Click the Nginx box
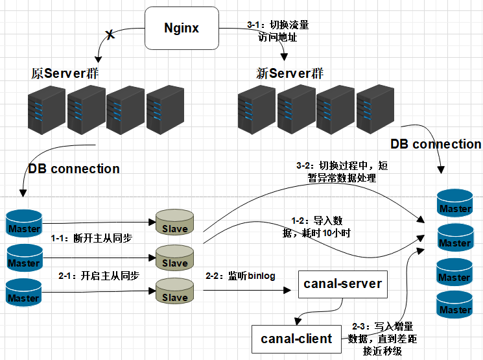[x=182, y=28]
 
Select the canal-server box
[x=342, y=284]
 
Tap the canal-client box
[x=296, y=339]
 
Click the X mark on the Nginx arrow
[x=110, y=34]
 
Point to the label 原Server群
[x=65, y=73]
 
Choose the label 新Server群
[x=290, y=73]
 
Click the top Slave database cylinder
[x=174, y=222]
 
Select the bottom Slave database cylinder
[x=174, y=291]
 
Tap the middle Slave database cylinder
[x=174, y=257]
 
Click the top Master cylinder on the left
[x=24, y=223]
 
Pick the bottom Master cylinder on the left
[x=24, y=293]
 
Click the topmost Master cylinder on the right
[x=455, y=203]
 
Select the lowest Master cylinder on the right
[x=454, y=304]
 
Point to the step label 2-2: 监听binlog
[x=241, y=276]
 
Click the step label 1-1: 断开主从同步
[x=91, y=238]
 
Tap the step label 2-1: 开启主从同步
[x=99, y=276]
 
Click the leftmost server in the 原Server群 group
[x=47, y=110]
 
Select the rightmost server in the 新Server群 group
[x=375, y=110]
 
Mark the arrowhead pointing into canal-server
[x=287, y=290]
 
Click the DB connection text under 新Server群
[x=436, y=144]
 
